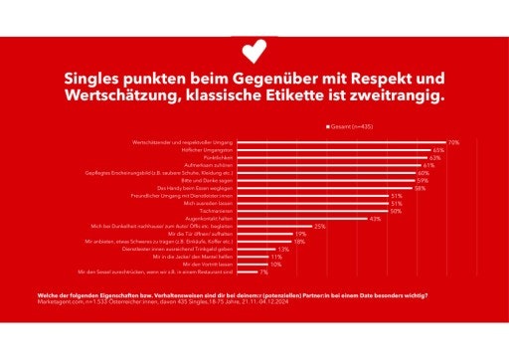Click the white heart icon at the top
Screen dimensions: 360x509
pyautogui.click(x=254, y=47)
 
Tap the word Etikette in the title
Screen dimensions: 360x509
pyautogui.click(x=333, y=96)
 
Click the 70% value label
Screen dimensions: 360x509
pyautogui.click(x=453, y=142)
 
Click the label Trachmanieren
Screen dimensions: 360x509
pyautogui.click(x=220, y=211)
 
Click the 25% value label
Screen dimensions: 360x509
pyautogui.click(x=319, y=226)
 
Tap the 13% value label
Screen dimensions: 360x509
pyautogui.click(x=283, y=249)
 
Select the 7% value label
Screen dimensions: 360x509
pyautogui.click(x=264, y=271)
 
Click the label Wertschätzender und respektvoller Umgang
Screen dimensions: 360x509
pyautogui.click(x=187, y=142)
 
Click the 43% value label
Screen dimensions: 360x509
pyautogui.click(x=375, y=218)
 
